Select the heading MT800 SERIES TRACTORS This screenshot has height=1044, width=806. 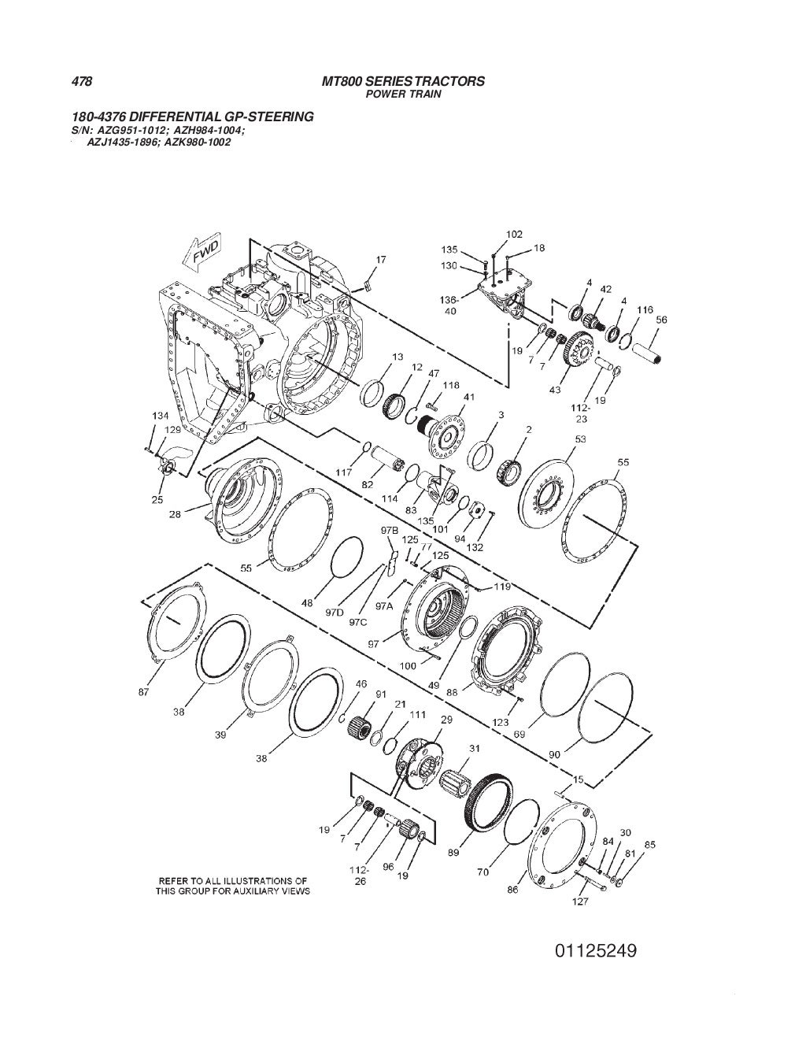coord(403,81)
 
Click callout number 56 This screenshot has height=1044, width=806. coord(661,320)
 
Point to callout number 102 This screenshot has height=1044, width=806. coord(514,234)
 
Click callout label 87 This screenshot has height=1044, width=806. coord(143,692)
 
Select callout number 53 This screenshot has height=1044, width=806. coord(581,438)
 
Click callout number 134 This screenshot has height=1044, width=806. coord(161,415)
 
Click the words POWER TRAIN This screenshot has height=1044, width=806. coord(405,94)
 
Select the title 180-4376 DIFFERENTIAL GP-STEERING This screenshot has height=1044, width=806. coord(193,117)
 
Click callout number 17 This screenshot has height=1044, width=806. coord(380,260)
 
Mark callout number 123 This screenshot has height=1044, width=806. coord(501,721)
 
